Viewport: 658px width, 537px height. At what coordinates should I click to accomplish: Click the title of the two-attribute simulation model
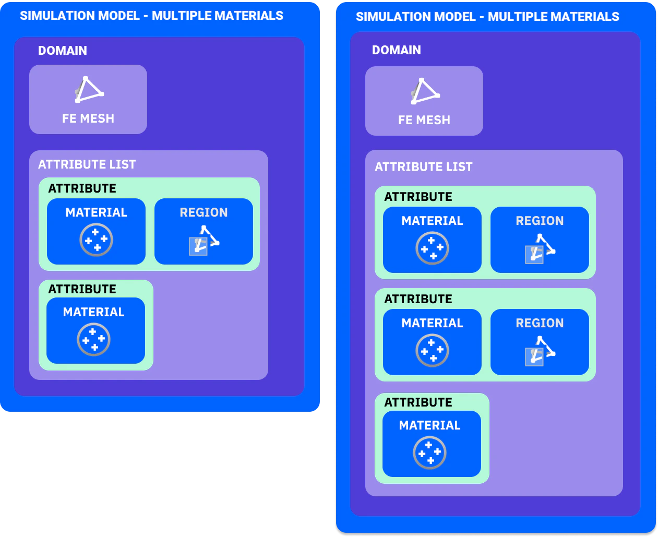151,16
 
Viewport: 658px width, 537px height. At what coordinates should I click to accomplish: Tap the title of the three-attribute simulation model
487,17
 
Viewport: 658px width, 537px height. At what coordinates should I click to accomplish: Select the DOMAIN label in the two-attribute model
63,51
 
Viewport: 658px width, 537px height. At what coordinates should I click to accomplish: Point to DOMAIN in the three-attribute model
397,50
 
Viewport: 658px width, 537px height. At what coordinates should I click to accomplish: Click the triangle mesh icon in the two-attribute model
89,90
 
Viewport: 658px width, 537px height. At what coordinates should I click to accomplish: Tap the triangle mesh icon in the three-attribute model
425,91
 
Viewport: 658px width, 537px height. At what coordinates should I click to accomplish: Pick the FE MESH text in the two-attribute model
88,118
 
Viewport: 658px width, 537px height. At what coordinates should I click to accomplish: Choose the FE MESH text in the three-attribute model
424,120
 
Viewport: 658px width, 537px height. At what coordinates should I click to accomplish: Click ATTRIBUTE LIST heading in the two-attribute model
87,164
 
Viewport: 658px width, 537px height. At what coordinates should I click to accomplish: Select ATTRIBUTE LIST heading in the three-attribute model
424,167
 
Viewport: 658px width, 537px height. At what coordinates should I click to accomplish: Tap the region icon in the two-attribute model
204,241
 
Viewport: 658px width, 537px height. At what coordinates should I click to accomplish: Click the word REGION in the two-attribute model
204,212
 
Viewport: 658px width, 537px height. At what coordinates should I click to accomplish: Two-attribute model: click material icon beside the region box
96,240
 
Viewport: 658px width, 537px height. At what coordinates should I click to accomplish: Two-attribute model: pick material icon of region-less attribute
93,339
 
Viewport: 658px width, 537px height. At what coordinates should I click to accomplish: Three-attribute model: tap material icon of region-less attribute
429,452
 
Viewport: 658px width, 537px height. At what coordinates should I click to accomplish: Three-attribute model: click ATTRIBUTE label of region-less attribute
418,402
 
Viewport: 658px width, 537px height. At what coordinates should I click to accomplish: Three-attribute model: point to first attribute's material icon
432,248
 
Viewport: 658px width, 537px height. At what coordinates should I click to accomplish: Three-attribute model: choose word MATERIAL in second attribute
432,323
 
